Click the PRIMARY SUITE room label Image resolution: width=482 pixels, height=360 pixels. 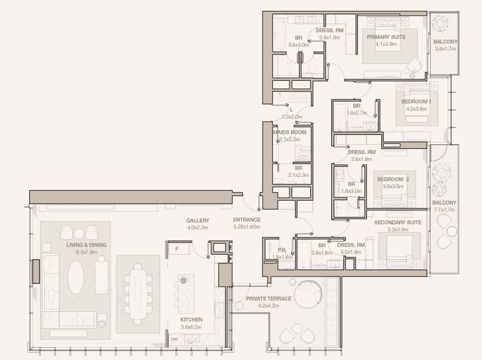pyautogui.click(x=386, y=37)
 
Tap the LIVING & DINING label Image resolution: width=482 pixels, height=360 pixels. pyautogui.click(x=87, y=245)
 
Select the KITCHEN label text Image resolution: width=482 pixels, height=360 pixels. pyautogui.click(x=191, y=319)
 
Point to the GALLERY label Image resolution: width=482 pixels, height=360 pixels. pyautogui.click(x=198, y=220)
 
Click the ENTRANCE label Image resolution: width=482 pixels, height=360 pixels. pyautogui.click(x=247, y=220)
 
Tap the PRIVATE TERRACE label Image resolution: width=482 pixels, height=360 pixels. pyautogui.click(x=268, y=298)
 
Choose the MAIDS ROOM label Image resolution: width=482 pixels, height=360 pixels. pyautogui.click(x=289, y=132)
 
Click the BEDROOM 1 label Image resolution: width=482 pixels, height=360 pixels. pyautogui.click(x=416, y=101)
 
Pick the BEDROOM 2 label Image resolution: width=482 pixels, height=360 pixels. pyautogui.click(x=393, y=179)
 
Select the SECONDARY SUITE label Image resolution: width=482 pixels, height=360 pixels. pyautogui.click(x=398, y=222)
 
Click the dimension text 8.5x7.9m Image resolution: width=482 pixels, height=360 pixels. pyautogui.click(x=87, y=252)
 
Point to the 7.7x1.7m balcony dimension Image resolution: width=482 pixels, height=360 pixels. pyautogui.click(x=444, y=210)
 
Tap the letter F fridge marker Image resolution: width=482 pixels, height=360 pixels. pyautogui.click(x=177, y=249)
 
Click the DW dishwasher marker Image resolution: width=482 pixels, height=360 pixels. pyautogui.click(x=174, y=340)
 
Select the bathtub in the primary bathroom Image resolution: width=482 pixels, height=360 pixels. pyautogui.click(x=280, y=35)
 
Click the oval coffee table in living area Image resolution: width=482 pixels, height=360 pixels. pyautogui.click(x=76, y=277)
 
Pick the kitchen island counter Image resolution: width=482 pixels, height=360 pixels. pyautogui.click(x=186, y=294)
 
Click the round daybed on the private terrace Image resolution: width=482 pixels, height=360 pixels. pyautogui.click(x=308, y=294)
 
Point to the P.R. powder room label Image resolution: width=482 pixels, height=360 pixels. pyautogui.click(x=282, y=250)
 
